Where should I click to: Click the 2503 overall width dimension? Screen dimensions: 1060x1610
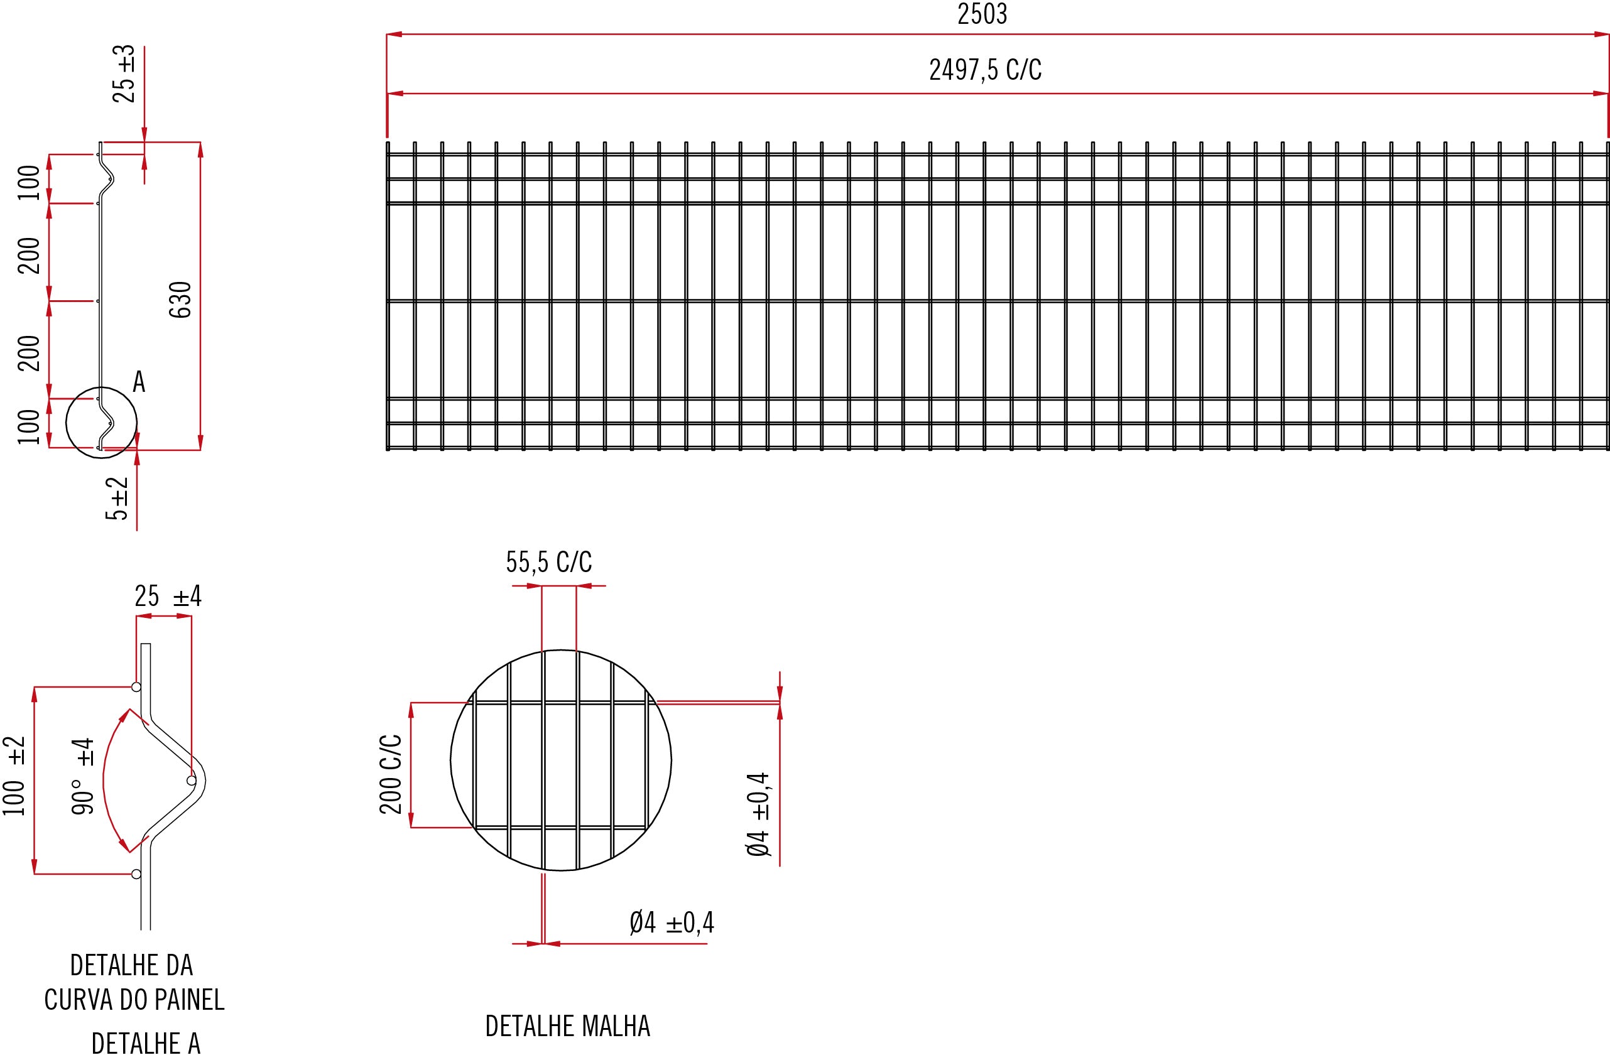click(x=982, y=14)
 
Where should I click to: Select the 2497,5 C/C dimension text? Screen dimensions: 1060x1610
click(x=985, y=70)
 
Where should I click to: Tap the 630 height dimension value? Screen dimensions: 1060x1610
click(x=181, y=300)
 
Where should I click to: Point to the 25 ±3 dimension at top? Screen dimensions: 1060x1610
click(x=124, y=73)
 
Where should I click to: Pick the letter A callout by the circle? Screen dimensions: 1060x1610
click(x=139, y=382)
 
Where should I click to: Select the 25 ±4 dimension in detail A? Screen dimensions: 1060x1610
click(x=168, y=597)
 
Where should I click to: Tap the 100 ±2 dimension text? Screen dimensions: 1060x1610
click(x=15, y=776)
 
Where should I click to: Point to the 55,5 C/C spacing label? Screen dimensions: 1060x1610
click(x=548, y=562)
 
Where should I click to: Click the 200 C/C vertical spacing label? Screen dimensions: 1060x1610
click(x=391, y=774)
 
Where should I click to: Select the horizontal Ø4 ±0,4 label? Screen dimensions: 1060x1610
click(x=671, y=922)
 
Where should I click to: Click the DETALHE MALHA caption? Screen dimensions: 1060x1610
click(x=568, y=1026)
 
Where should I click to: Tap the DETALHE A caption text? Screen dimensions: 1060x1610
click(x=146, y=1044)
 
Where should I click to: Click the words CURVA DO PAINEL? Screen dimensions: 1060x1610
click(x=134, y=1000)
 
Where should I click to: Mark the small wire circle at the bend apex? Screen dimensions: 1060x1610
click(x=192, y=781)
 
